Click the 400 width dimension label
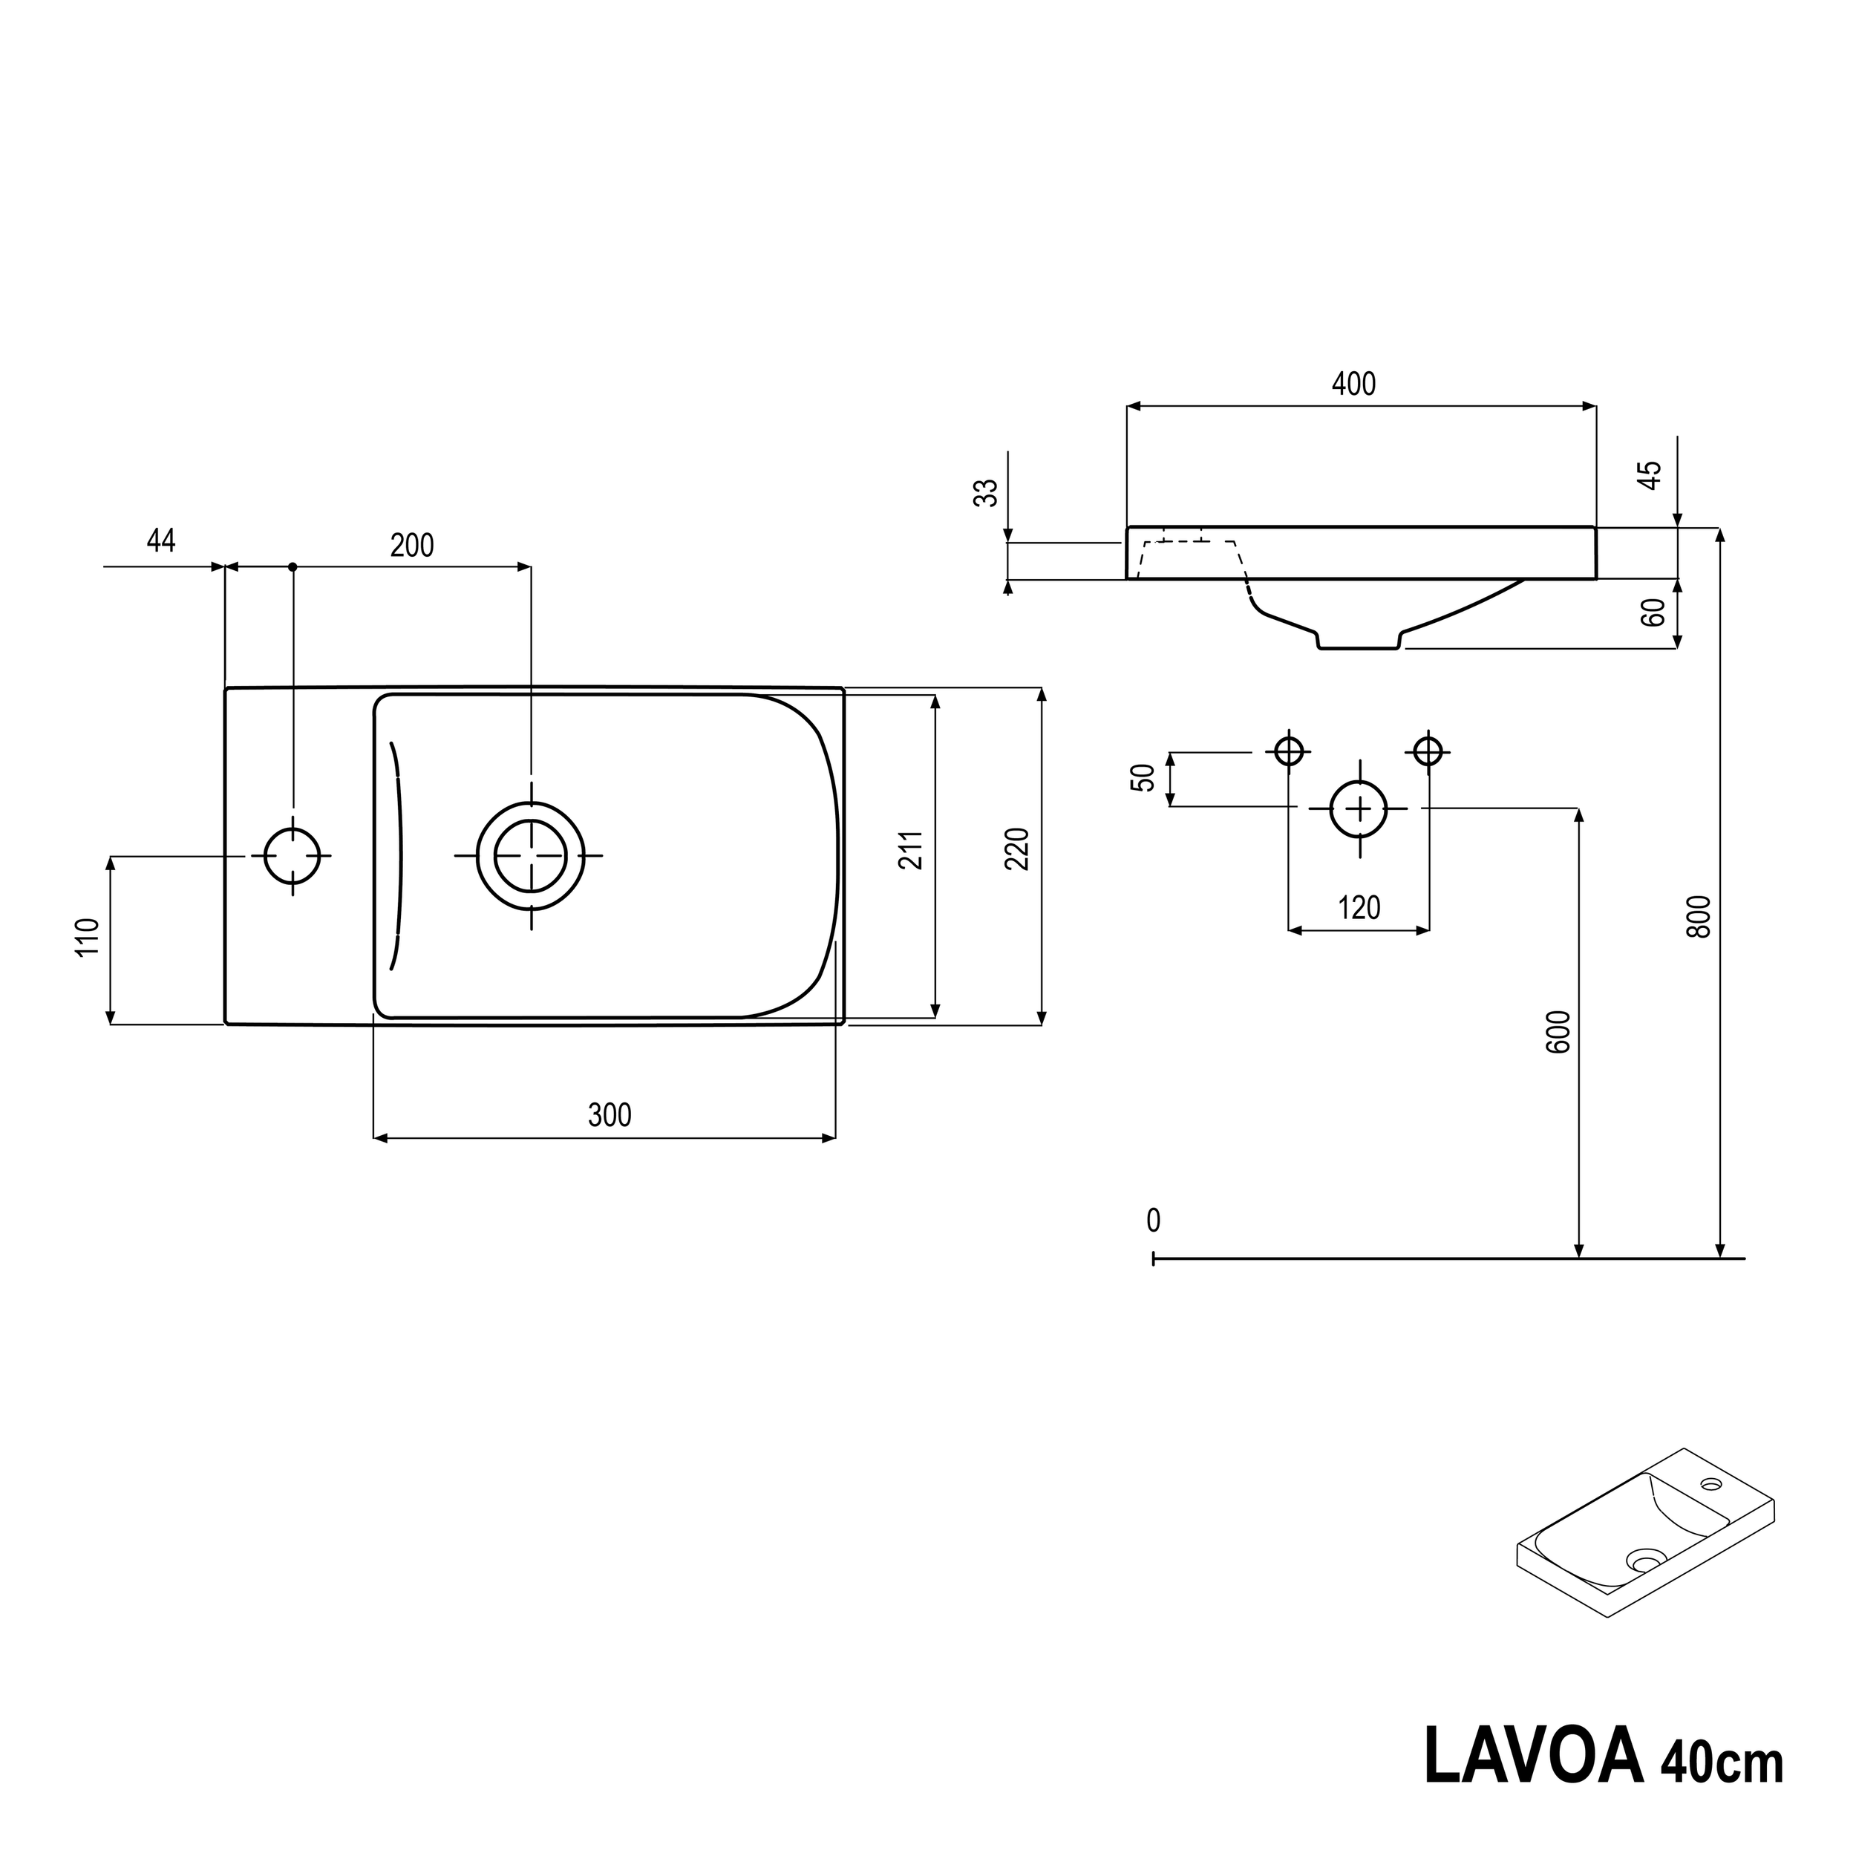point(1353,385)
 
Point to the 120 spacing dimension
point(1359,908)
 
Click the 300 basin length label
point(609,1115)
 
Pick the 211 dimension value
point(911,850)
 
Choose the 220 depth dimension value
point(1017,849)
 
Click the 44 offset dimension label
point(161,542)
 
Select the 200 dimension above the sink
point(412,546)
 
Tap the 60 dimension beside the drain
point(1653,612)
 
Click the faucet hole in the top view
point(292,855)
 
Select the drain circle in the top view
point(530,855)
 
